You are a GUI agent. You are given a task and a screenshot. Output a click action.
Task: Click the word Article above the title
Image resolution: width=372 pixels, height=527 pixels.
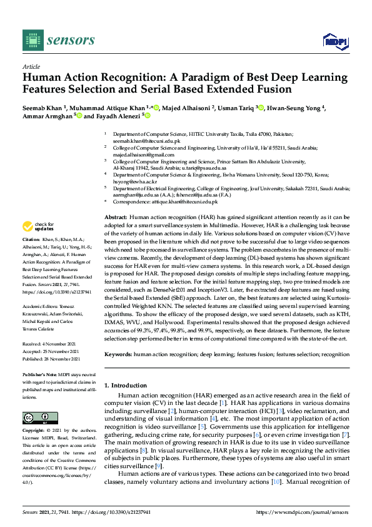31,66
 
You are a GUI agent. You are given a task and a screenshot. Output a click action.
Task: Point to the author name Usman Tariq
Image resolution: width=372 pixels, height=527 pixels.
237,108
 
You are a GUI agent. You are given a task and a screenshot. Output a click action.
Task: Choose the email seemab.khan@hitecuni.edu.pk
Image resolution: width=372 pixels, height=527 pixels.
141,141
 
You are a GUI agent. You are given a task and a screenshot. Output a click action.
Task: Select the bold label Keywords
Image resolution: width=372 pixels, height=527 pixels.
117,354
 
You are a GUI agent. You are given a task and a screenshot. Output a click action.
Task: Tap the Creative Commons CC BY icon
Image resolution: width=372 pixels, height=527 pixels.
36,418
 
